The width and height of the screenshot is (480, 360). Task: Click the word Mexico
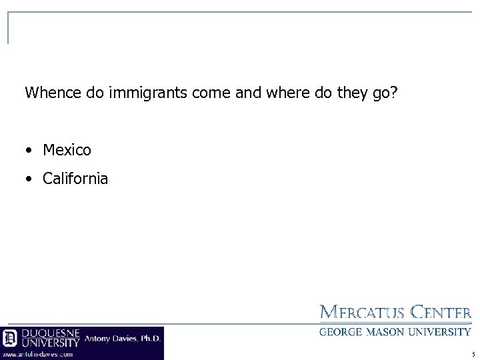[x=67, y=151]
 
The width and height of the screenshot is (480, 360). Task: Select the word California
[x=75, y=179]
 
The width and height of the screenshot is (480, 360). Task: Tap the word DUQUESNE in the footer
[x=51, y=333]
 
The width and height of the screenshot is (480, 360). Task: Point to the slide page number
[x=472, y=354]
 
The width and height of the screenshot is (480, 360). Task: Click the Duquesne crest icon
[x=10, y=337]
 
